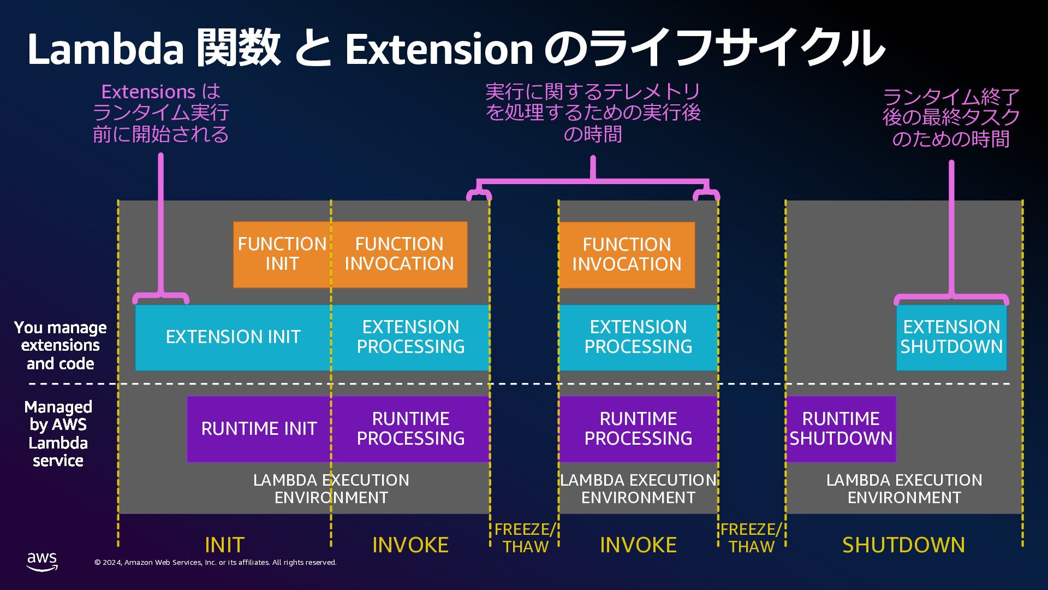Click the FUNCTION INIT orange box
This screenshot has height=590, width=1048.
click(282, 254)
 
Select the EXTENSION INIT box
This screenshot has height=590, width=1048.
click(233, 337)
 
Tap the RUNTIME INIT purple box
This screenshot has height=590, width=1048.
click(259, 429)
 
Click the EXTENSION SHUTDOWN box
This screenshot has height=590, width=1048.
click(951, 337)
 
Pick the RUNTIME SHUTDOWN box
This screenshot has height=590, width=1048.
click(841, 429)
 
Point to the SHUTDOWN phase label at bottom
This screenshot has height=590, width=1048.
click(903, 545)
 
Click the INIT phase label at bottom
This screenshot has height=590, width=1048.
click(224, 545)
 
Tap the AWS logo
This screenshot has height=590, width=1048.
click(42, 561)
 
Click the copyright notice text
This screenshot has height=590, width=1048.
click(216, 562)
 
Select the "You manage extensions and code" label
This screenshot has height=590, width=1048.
click(60, 345)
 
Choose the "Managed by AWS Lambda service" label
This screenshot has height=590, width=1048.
click(58, 433)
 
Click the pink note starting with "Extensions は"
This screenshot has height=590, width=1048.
click(160, 113)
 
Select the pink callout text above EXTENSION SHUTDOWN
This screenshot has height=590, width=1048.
click(951, 118)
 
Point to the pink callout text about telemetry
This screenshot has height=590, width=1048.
click(593, 113)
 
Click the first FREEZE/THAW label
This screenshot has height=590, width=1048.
click(525, 538)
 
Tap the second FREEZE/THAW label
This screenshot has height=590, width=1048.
click(751, 538)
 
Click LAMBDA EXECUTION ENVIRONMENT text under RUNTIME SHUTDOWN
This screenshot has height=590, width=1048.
click(904, 488)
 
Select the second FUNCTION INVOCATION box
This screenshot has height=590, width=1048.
click(627, 255)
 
